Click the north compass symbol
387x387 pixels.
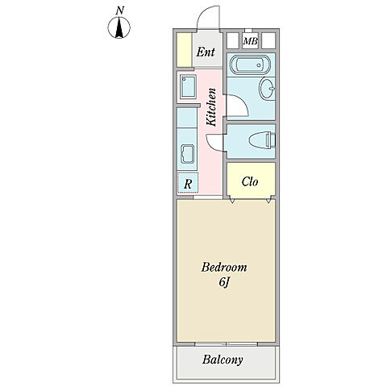click(119, 27)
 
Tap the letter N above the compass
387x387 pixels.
click(120, 10)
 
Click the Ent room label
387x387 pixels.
click(206, 52)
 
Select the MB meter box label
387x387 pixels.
click(250, 41)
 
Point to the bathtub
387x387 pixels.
click(250, 64)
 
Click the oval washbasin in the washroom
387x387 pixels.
click(268, 89)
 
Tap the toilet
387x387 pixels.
click(263, 140)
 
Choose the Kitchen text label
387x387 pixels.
click(211, 107)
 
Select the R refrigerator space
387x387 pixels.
click(188, 183)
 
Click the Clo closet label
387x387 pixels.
click(250, 181)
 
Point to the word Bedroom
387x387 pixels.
click(224, 268)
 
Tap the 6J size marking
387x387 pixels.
click(224, 282)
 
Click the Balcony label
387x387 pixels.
click(223, 360)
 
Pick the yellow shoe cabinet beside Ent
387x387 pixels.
click(184, 50)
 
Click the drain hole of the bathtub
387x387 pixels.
click(259, 64)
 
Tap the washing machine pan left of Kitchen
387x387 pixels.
click(188, 87)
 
